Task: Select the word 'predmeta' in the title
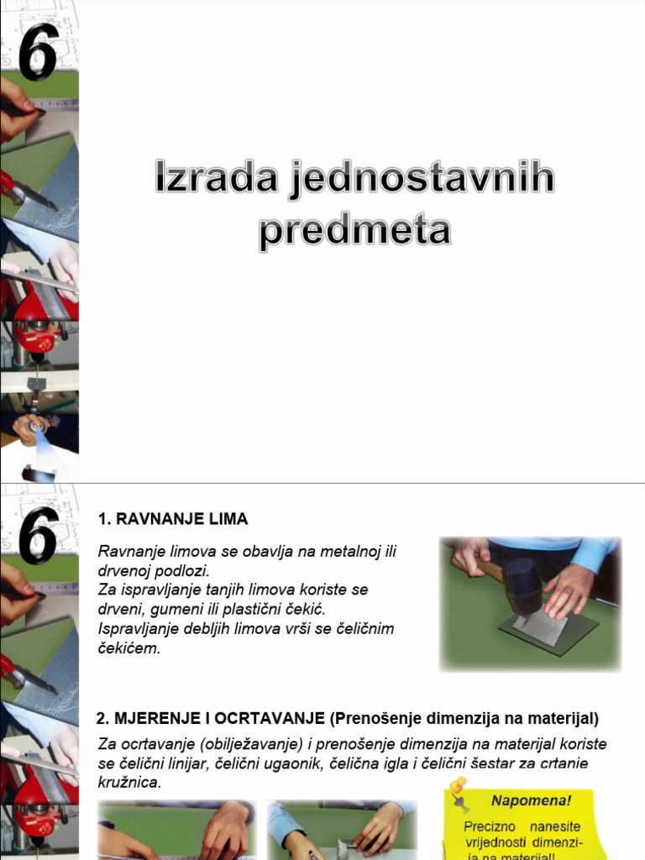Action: (354, 231)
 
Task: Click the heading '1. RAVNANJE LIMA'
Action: (173, 519)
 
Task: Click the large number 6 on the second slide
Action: (39, 534)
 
